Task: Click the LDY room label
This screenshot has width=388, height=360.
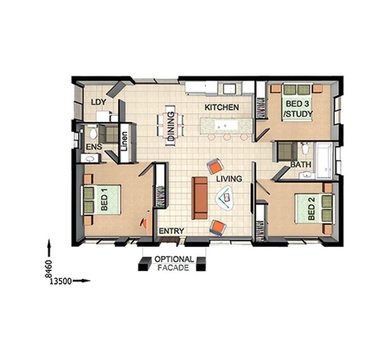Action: click(x=98, y=102)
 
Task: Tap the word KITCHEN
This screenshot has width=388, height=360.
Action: click(x=221, y=108)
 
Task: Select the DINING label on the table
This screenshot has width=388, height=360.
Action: click(x=171, y=127)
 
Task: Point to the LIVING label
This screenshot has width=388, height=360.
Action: click(x=229, y=179)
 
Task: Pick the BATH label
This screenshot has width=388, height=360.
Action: click(x=301, y=165)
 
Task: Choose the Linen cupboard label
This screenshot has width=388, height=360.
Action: click(x=124, y=141)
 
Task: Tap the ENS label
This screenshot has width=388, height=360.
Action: click(x=94, y=147)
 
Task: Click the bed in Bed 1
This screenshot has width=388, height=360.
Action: click(x=102, y=199)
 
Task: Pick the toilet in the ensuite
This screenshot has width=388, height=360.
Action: click(x=92, y=132)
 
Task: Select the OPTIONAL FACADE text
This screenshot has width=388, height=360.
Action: click(x=173, y=263)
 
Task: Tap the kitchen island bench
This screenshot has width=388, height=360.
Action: click(x=227, y=125)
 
